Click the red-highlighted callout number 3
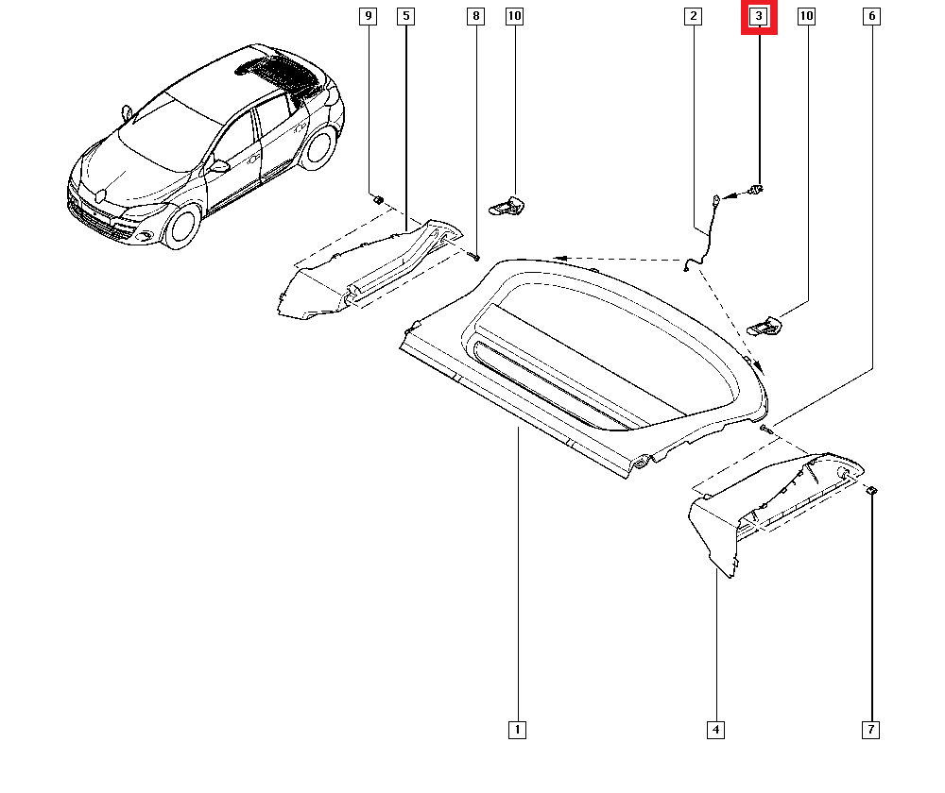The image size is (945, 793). [x=758, y=17]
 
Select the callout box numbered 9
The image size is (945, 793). [x=368, y=17]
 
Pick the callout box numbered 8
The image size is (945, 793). [x=475, y=17]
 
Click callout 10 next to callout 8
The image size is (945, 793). [x=513, y=17]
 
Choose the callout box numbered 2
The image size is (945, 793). [x=694, y=17]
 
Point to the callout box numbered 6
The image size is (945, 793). [x=871, y=17]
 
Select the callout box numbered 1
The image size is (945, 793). [x=517, y=729]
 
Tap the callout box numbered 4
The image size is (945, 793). [x=715, y=729]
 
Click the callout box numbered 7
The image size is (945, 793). [x=871, y=729]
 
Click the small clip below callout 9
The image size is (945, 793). [x=378, y=199]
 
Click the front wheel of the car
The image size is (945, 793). [x=180, y=228]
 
